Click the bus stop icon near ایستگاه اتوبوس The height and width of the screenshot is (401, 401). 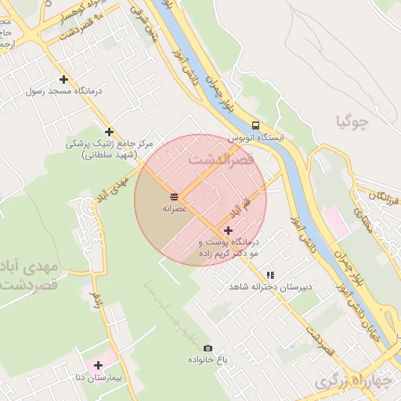click(256, 125)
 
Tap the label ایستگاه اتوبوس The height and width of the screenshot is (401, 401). click(256, 137)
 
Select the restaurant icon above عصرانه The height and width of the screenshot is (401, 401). click(173, 196)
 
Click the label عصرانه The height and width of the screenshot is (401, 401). click(173, 209)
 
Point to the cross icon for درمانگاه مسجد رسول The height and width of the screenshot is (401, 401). click(63, 79)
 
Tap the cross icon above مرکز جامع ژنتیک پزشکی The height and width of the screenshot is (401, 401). click(109, 132)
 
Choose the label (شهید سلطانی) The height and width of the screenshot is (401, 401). click(109, 155)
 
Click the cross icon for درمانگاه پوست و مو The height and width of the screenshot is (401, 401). click(228, 230)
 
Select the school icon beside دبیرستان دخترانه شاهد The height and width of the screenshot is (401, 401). click(270, 275)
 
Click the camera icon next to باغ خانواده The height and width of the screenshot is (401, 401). click(208, 349)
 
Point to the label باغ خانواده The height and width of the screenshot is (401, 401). click(207, 359)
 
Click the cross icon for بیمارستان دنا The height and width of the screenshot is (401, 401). click(99, 365)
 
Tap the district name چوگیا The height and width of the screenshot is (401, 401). click(350, 121)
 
